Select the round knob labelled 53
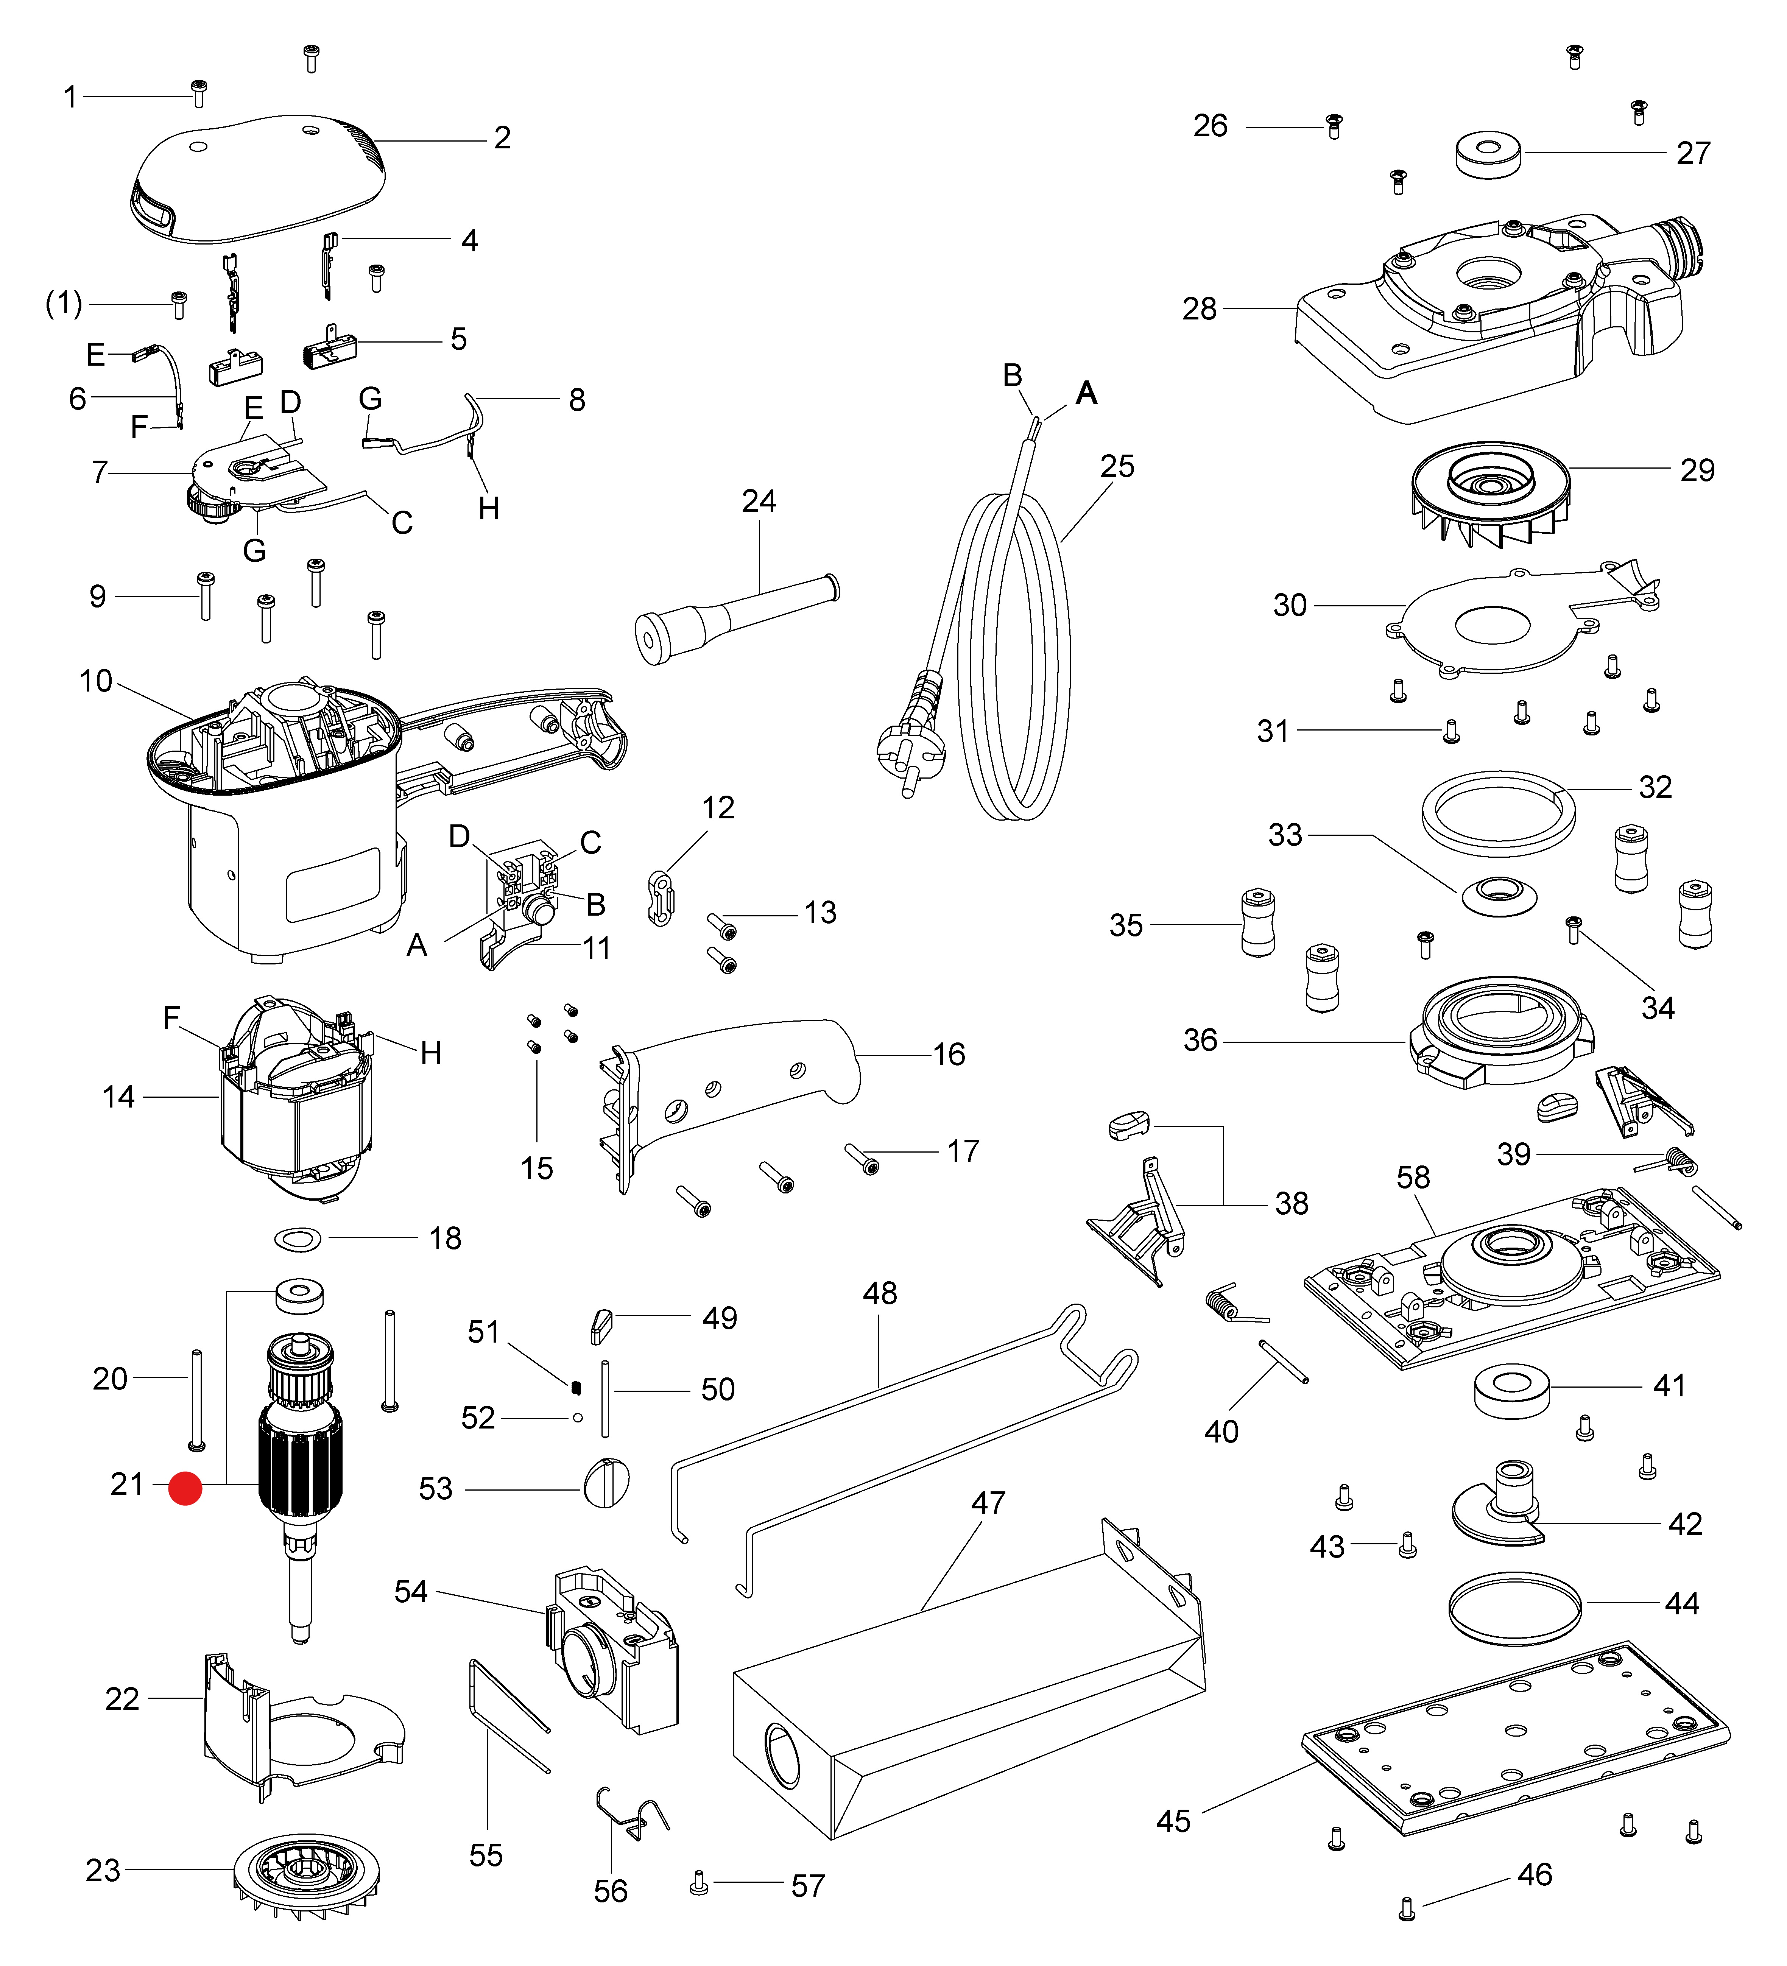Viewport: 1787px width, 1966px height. point(606,1484)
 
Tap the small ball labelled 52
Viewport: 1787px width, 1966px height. point(578,1418)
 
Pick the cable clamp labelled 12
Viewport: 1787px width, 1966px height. point(661,897)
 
